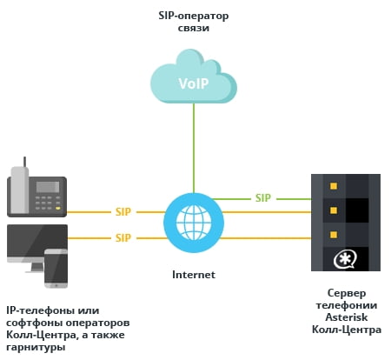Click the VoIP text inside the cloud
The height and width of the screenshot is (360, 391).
(194, 83)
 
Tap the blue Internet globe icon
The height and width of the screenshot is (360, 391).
(194, 223)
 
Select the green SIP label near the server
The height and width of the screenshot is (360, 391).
(263, 198)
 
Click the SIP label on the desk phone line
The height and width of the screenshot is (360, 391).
(123, 212)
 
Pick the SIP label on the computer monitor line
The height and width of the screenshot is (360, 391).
(123, 238)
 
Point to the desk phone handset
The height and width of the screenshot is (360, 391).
(20, 190)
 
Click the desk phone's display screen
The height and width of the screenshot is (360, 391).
(48, 187)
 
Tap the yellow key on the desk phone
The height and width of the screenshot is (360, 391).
(58, 208)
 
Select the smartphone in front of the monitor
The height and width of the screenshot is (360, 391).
(56, 269)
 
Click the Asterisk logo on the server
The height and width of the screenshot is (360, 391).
(345, 260)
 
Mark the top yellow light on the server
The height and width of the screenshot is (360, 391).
(334, 186)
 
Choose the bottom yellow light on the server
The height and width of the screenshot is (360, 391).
(334, 234)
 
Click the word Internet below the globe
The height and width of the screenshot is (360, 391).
(194, 275)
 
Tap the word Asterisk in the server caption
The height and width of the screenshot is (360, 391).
(347, 317)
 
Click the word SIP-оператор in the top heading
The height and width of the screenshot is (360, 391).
(194, 17)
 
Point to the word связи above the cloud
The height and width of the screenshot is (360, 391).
(194, 29)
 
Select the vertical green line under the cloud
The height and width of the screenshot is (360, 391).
(194, 148)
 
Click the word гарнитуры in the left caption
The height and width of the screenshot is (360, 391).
(36, 347)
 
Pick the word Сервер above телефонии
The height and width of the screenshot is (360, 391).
(347, 293)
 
